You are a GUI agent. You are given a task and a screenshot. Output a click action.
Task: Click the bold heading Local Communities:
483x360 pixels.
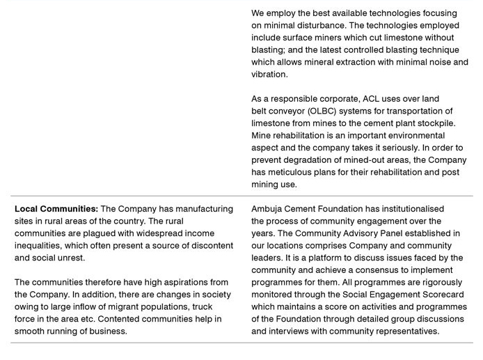click(x=56, y=209)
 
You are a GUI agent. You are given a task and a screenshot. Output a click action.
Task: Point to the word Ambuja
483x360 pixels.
click(x=268, y=209)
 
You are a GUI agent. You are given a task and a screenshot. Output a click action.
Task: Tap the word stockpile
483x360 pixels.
click(x=436, y=123)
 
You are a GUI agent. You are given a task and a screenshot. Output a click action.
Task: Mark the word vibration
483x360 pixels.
click(x=269, y=75)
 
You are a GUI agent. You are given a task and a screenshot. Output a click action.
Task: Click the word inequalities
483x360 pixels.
click(x=39, y=246)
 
